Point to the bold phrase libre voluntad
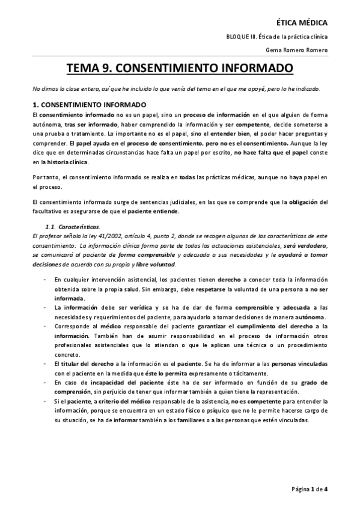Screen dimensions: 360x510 coord(156,264)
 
